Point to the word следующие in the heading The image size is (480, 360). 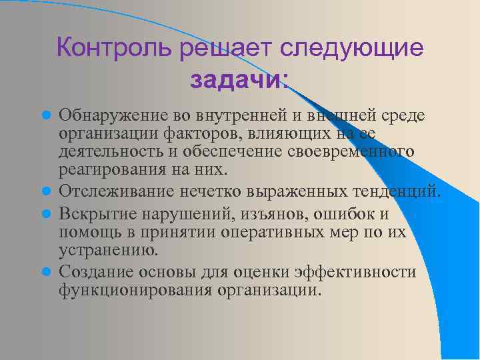click(352, 49)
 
